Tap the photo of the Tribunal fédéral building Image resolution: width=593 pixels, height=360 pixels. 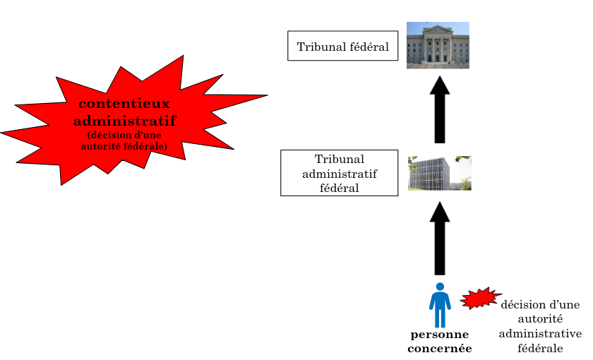coord(438,45)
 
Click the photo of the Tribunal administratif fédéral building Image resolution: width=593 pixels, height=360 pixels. coord(439,173)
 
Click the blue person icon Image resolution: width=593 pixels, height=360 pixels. coord(440,306)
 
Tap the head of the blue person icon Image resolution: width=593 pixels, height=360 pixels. coord(440,287)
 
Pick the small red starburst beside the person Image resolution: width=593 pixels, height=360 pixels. coord(480,299)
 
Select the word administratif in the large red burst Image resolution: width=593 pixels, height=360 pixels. coord(124,120)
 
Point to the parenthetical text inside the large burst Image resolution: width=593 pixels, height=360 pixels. coord(124,140)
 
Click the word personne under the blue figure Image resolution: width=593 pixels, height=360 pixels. coord(439,335)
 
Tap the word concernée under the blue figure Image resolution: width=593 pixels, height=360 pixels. coord(439,348)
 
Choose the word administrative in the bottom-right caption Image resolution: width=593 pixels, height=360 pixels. coord(540,333)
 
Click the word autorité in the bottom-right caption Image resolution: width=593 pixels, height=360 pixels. coord(540,319)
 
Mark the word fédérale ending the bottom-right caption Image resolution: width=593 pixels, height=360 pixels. coord(540,348)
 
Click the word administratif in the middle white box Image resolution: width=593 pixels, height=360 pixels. coord(339,174)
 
